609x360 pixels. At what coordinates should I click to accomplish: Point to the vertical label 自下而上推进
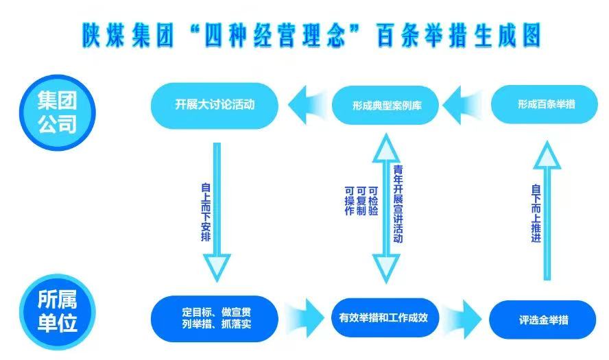tap(536, 212)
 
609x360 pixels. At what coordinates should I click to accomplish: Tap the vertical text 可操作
tap(348, 201)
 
